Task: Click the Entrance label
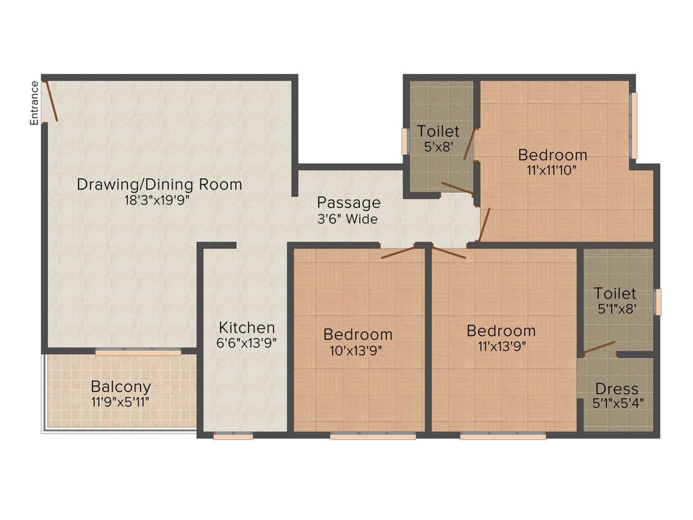[34, 103]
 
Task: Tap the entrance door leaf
[51, 101]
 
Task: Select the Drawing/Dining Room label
[160, 184]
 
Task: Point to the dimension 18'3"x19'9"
[157, 200]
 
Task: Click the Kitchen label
[246, 328]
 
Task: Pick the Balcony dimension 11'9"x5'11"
[120, 402]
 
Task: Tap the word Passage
[349, 202]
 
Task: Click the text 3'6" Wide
[347, 219]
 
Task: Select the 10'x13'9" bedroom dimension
[356, 351]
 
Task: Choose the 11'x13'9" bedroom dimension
[501, 347]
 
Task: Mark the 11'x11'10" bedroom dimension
[552, 170]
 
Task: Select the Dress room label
[617, 389]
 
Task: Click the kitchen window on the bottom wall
[233, 437]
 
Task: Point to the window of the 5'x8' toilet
[405, 142]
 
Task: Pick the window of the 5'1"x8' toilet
[658, 302]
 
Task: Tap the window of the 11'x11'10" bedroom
[633, 125]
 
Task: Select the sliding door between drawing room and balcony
[138, 352]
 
